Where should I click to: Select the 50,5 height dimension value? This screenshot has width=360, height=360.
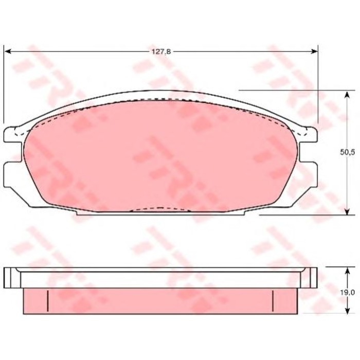coord(349,152)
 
